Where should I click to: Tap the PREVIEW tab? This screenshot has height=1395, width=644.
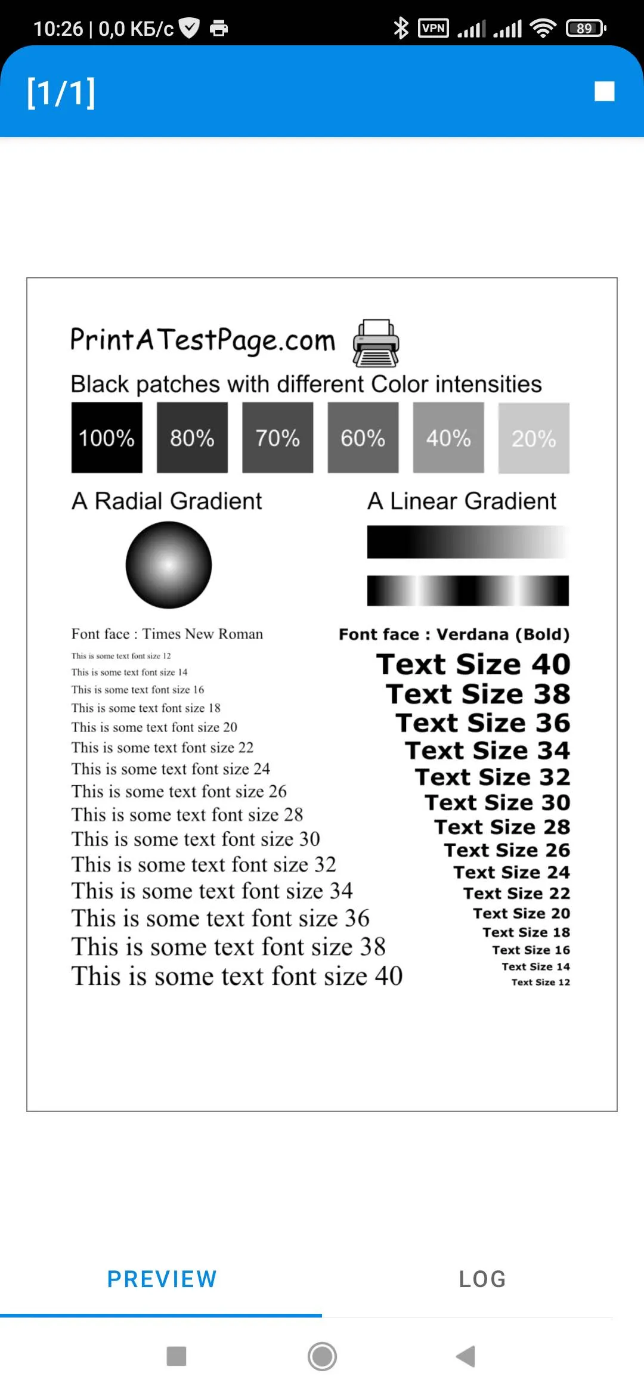(162, 1279)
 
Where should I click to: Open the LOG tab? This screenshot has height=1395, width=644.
(482, 1279)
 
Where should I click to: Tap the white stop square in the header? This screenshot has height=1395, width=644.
(604, 92)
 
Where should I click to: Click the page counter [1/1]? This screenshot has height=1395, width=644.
(61, 92)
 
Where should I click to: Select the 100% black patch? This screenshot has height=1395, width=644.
(107, 438)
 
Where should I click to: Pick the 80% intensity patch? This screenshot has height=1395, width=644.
(192, 438)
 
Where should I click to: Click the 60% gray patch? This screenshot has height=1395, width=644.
(363, 438)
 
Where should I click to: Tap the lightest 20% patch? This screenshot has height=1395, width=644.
(534, 438)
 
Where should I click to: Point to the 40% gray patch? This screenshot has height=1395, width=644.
(448, 438)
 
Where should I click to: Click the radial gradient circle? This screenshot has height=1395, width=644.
(169, 565)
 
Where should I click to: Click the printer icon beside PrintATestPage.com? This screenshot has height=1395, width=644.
(376, 343)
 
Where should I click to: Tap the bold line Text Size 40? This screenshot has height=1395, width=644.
(473, 664)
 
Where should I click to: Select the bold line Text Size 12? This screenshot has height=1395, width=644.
(540, 982)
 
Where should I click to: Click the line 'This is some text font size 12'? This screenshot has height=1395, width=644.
(121, 656)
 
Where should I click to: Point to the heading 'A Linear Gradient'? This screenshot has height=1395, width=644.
(462, 501)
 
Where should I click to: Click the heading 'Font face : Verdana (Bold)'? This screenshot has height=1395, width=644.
(454, 634)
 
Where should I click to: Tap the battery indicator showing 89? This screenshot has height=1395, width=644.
(586, 28)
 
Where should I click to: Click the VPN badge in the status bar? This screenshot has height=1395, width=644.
(434, 28)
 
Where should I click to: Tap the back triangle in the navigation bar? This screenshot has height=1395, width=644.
(466, 1356)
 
